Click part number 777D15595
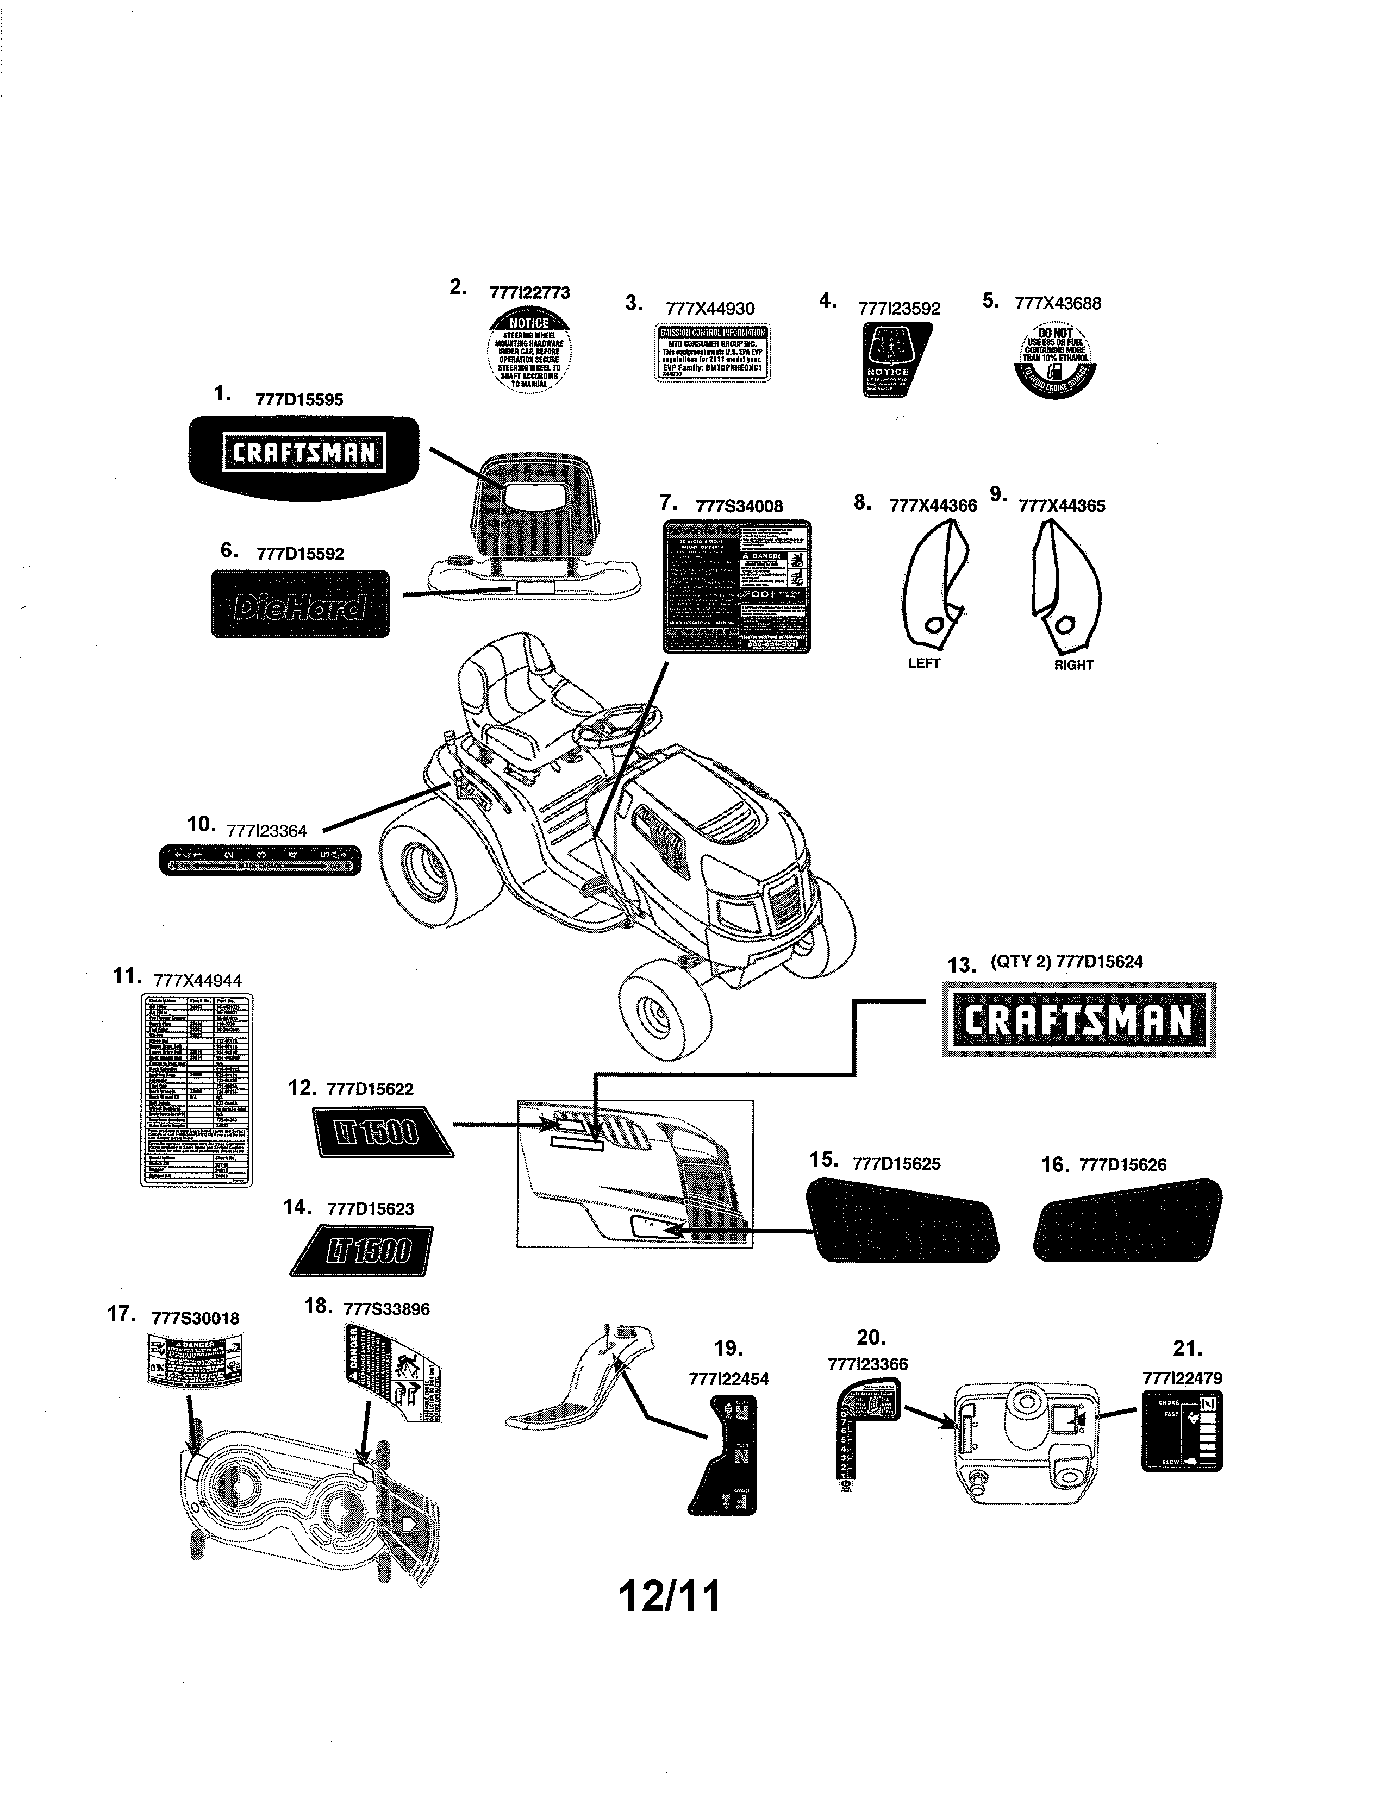click(299, 400)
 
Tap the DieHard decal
click(299, 604)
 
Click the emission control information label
click(713, 352)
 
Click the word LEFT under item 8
click(923, 663)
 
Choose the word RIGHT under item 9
click(1073, 665)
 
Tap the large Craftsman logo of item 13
click(1078, 1020)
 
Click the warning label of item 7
click(736, 586)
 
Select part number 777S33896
click(386, 1309)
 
